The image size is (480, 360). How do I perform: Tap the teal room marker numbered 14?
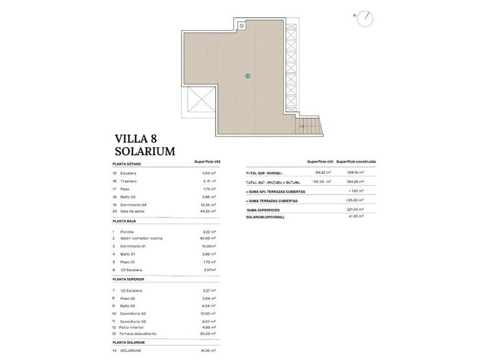247,76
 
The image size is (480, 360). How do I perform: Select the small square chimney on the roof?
241,26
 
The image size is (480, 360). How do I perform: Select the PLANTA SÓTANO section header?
127,164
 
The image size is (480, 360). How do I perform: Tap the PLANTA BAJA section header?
124,221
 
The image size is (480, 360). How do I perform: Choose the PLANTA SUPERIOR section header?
128,279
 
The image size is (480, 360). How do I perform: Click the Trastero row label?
129,181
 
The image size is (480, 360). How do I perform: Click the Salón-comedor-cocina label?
142,238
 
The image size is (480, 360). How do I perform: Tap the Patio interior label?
132,327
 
